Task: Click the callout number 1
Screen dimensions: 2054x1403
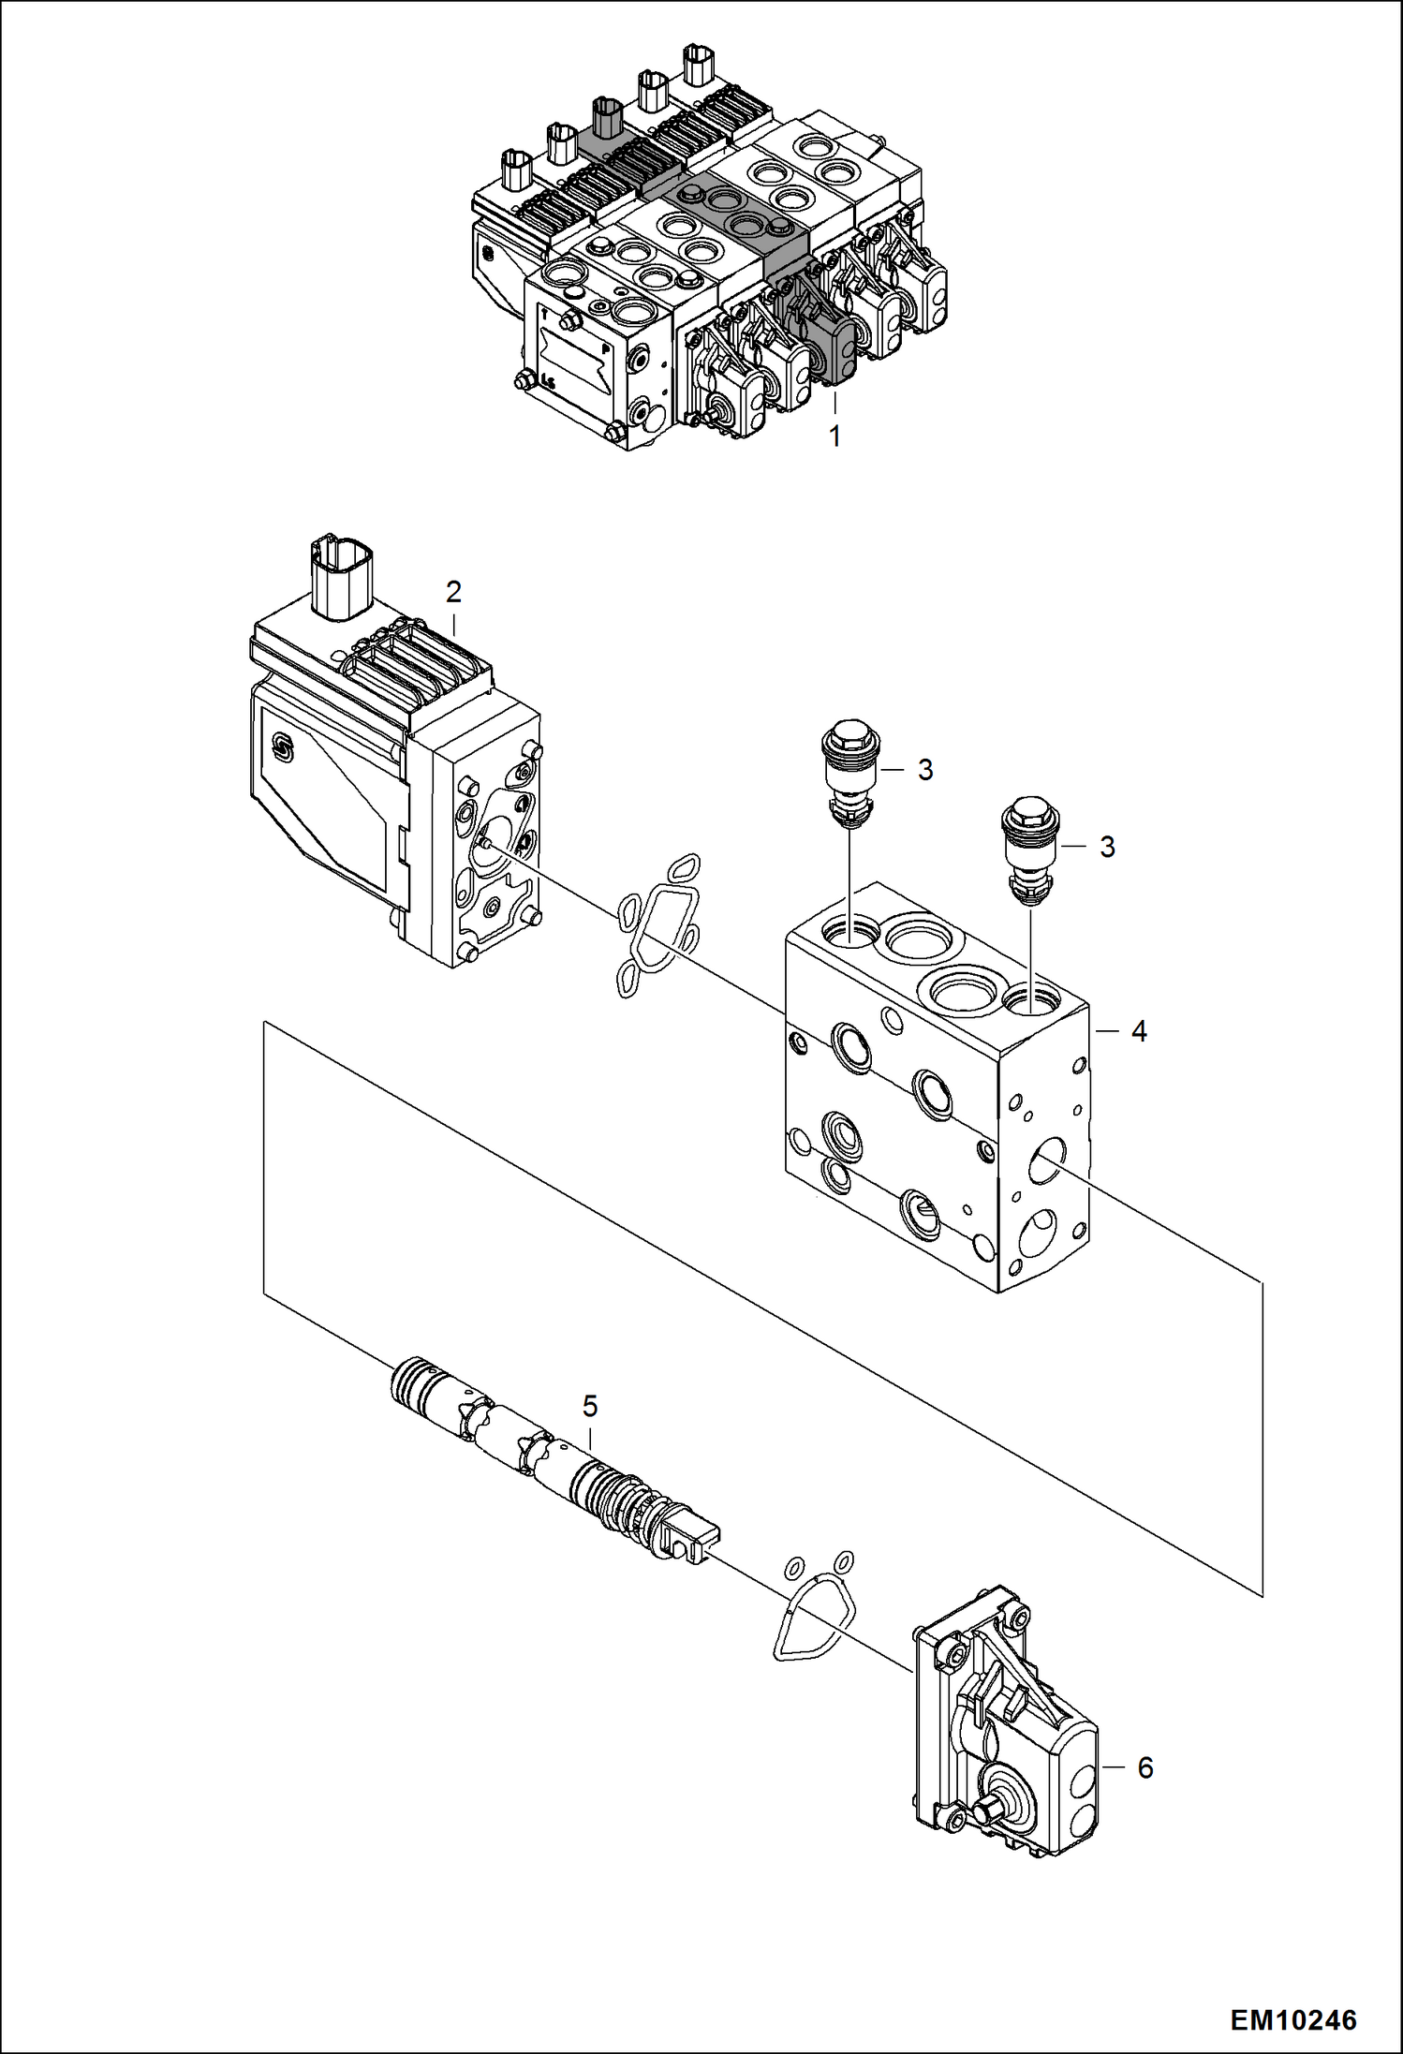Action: pos(834,436)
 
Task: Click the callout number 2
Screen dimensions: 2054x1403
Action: pos(453,592)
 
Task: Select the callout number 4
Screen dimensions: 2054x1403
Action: pos(1139,1031)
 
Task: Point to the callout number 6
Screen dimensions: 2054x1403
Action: pos(1145,1767)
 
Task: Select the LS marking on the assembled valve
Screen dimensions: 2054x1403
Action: pos(548,379)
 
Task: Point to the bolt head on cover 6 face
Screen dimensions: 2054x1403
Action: pos(990,1814)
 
